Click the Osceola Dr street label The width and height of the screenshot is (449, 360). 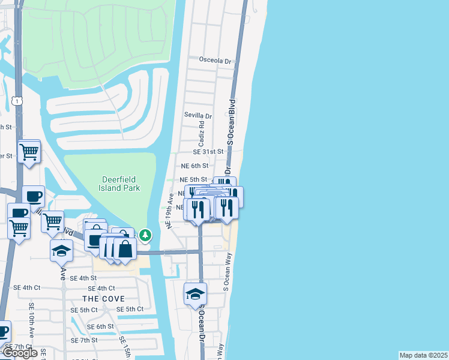tap(215, 61)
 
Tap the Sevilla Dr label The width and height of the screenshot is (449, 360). tap(199, 116)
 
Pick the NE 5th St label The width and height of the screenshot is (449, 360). tap(194, 179)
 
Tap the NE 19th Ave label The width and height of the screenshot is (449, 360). tap(170, 210)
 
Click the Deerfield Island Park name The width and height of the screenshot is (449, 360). tap(120, 184)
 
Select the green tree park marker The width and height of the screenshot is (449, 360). tap(145, 235)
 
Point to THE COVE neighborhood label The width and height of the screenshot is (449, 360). tap(103, 299)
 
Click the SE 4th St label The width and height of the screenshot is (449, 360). tap(83, 278)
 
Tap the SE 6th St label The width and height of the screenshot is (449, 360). tap(100, 326)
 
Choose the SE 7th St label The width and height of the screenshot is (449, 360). tap(83, 340)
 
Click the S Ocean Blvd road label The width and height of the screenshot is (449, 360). tap(231, 121)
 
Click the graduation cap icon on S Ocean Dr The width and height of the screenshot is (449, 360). tap(195, 294)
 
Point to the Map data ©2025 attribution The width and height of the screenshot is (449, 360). tap(423, 355)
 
